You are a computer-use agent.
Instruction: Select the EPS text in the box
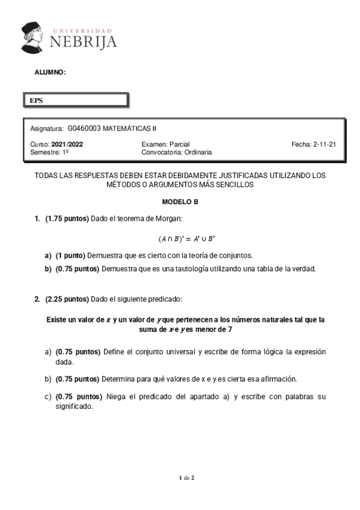coord(37,100)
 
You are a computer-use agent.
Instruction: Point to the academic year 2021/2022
coord(67,145)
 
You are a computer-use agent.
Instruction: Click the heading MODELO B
coord(180,202)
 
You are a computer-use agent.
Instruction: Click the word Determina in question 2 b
coord(121,379)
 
